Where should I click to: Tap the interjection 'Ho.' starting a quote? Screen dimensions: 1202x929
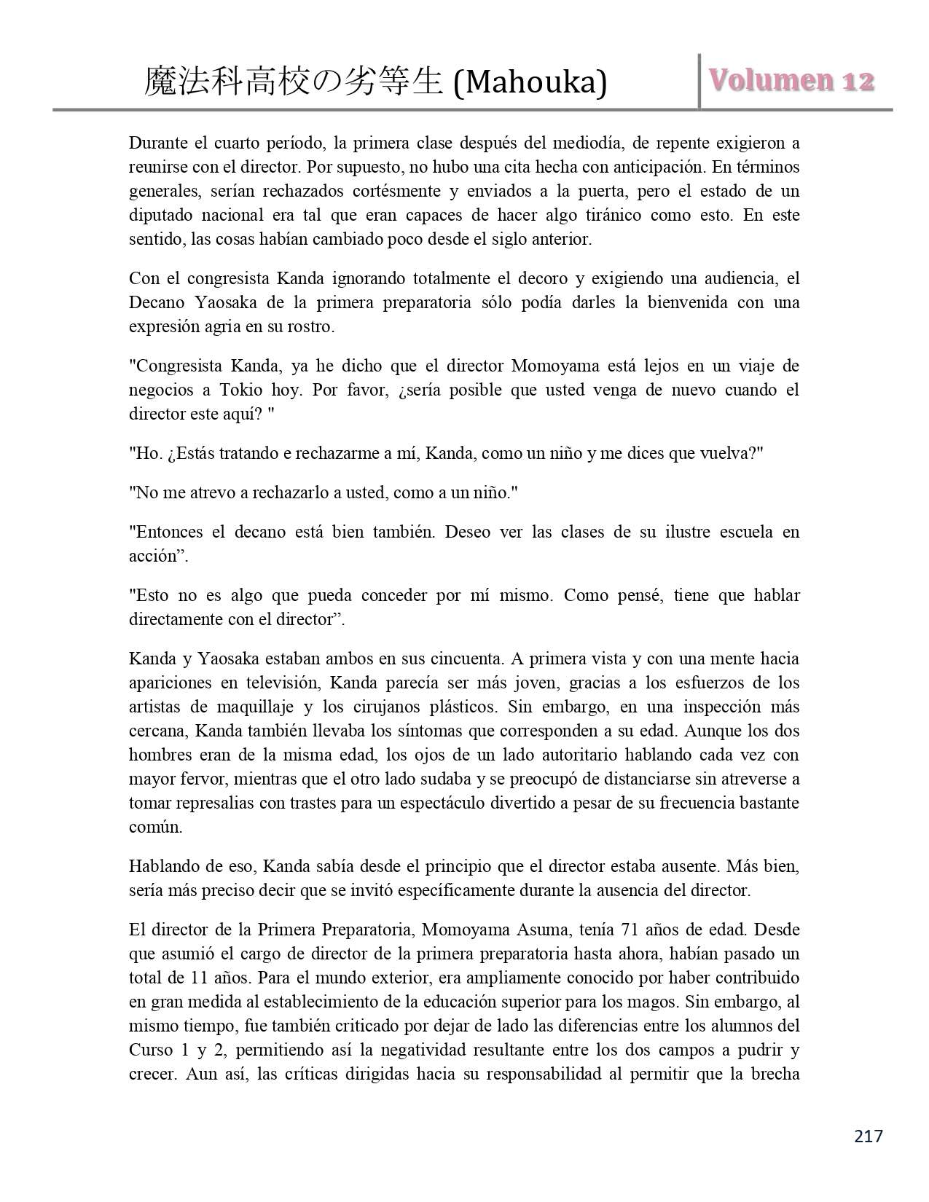[x=141, y=453]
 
